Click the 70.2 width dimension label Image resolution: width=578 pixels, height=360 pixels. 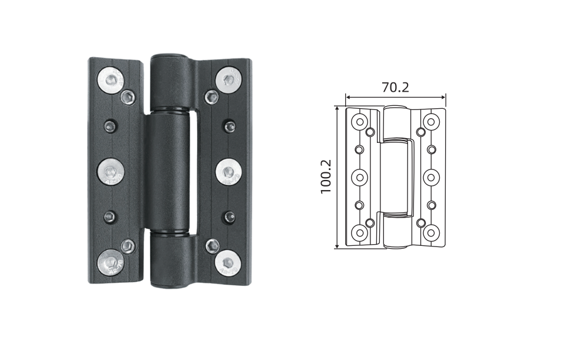tap(395, 88)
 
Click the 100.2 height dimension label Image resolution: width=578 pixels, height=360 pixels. tap(326, 176)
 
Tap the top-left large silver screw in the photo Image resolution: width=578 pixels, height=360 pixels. tap(111, 79)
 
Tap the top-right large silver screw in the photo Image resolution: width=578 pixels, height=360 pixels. tap(228, 79)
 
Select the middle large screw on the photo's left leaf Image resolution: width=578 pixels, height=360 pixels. tap(111, 172)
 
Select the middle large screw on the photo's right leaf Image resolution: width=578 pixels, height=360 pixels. tap(228, 172)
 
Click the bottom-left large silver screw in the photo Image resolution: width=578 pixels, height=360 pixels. tap(111, 262)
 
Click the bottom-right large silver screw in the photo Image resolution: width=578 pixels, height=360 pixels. tap(228, 262)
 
